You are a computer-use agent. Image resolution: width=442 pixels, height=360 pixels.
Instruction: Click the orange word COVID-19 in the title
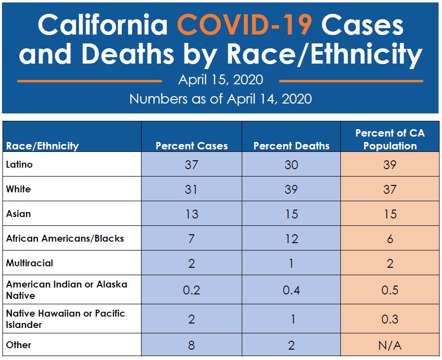coord(245,25)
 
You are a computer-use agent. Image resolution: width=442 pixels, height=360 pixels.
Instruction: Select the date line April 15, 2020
coord(221,79)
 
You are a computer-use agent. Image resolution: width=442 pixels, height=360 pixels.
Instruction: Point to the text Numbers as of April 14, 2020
coord(221,99)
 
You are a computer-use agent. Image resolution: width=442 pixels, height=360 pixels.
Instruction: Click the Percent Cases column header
coord(191,146)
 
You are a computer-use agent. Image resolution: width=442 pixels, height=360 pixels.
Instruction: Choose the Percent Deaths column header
coord(291,146)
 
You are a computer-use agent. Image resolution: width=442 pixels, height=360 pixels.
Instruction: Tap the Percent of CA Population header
coord(390,140)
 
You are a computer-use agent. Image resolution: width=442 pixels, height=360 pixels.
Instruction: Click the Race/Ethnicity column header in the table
coord(42,146)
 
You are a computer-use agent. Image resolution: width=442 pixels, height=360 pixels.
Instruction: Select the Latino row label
coord(19,164)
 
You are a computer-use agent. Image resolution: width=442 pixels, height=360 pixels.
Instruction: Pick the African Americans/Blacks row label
coord(65,238)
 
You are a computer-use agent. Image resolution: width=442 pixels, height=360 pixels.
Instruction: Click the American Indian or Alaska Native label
coord(66,290)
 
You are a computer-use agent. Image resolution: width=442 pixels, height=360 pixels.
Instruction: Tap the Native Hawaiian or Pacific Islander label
coord(65,319)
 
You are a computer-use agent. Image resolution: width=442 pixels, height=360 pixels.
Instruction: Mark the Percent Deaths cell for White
coord(291,189)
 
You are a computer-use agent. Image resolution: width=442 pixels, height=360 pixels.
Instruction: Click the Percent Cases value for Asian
coord(191,214)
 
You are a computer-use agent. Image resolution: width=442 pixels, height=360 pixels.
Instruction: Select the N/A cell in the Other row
coord(390,345)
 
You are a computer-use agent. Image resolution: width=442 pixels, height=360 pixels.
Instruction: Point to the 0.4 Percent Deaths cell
coord(291,290)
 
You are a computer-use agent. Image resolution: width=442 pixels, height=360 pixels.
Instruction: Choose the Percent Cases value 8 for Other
coord(191,345)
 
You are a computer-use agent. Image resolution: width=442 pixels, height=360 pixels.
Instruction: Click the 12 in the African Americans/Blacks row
coord(291,239)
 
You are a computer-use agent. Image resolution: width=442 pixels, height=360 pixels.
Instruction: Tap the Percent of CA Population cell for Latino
coord(390,164)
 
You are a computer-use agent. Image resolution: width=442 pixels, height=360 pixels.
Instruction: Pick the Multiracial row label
coord(29,263)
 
